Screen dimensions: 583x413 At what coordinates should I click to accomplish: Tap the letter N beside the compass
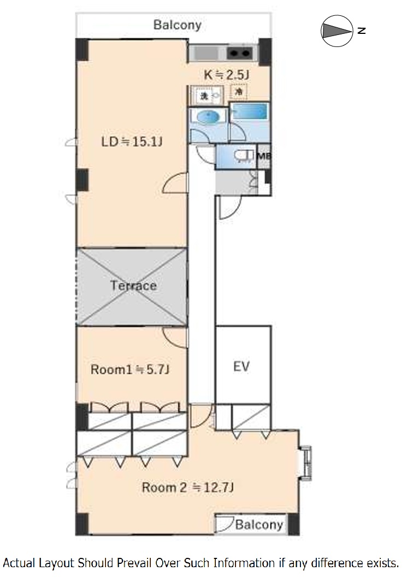(361, 31)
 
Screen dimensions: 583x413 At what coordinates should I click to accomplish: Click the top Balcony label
(177, 25)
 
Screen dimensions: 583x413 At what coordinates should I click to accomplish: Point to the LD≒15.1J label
(132, 142)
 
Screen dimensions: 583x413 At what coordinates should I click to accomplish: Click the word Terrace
(133, 285)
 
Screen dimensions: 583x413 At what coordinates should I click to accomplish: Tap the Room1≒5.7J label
(129, 369)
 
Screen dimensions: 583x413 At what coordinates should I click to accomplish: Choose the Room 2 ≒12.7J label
(188, 487)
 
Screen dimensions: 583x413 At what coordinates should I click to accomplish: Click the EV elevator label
(241, 366)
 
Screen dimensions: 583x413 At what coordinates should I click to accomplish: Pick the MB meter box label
(263, 156)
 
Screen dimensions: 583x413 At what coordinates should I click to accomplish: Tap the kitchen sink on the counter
(206, 54)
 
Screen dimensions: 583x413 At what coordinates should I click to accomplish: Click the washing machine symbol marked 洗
(203, 96)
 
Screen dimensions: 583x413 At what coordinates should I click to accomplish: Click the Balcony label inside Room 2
(259, 525)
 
